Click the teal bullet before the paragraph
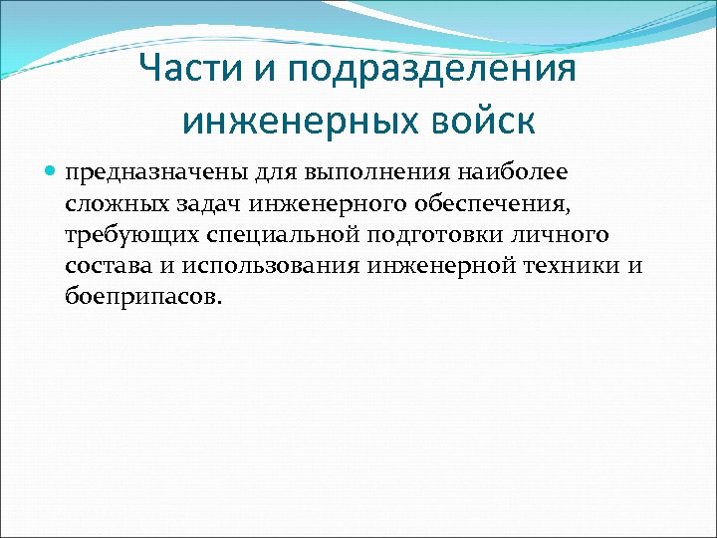[x=52, y=171]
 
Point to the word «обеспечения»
[x=500, y=204]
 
